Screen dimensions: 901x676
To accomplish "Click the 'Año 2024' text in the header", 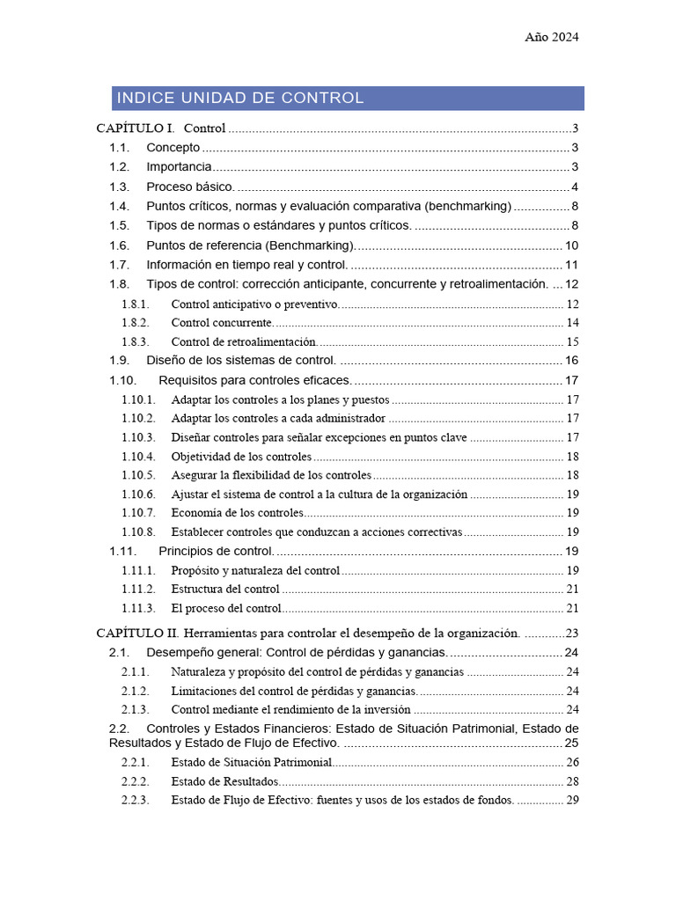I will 552,37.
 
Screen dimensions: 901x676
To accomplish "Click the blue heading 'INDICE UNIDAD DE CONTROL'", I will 240,98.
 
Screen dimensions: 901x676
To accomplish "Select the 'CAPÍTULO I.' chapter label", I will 135,128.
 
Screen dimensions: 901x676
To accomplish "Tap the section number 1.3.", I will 120,187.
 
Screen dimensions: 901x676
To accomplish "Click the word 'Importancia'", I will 179,167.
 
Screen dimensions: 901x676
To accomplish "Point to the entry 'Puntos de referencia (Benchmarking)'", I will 250,245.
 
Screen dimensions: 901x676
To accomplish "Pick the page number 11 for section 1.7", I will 571,265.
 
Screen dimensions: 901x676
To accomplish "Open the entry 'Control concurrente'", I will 222,323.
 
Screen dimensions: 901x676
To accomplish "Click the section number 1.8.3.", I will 136,342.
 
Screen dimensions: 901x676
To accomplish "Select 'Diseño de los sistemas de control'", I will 240,361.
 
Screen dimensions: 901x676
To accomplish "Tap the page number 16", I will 571,361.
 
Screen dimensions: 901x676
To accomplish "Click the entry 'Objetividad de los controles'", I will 241,457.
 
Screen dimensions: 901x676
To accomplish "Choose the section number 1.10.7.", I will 138,513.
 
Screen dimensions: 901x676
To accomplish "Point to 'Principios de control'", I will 217,552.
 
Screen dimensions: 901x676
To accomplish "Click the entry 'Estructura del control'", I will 225,590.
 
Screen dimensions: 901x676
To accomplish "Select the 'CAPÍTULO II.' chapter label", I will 137,633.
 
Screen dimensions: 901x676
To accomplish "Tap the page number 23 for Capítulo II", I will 571,633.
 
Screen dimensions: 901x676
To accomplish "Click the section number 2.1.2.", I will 136,691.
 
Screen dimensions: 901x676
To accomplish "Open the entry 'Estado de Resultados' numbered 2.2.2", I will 224,781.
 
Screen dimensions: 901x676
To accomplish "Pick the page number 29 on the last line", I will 572,801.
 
